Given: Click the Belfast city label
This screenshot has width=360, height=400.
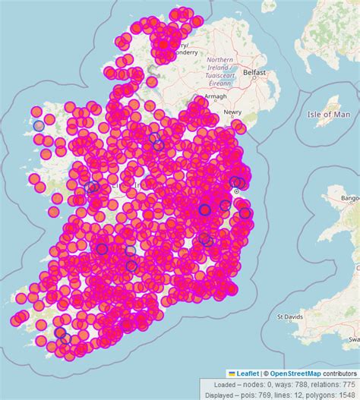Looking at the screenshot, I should tap(255, 72).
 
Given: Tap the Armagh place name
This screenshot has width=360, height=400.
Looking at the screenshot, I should tap(216, 97).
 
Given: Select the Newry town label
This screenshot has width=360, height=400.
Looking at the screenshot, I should tap(232, 112).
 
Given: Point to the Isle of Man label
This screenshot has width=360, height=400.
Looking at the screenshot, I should tap(329, 114).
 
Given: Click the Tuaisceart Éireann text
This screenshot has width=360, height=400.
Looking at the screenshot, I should tap(219, 74).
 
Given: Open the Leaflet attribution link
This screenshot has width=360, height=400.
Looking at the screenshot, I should tap(247, 373).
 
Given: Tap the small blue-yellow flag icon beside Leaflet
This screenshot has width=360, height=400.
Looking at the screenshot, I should tap(232, 373).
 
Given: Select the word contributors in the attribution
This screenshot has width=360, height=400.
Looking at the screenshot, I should tap(339, 373).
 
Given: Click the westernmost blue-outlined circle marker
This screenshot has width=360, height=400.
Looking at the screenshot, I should tap(39, 124).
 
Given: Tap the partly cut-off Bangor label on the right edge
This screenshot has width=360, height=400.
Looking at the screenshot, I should tap(350, 198).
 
